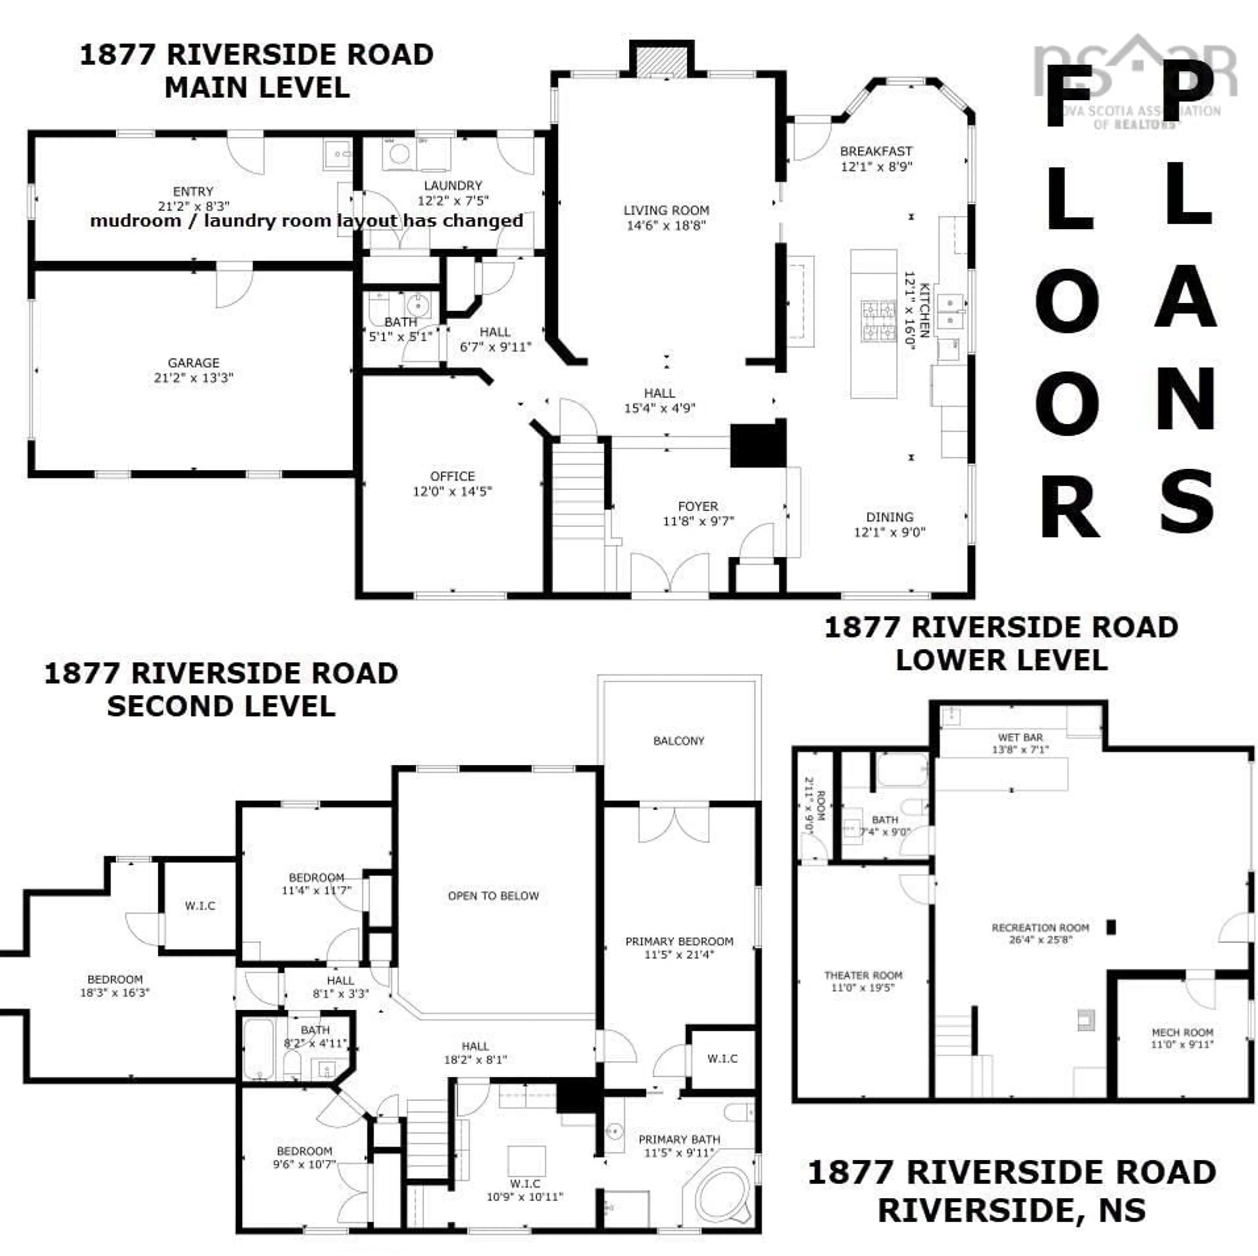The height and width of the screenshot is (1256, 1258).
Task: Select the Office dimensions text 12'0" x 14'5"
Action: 452,491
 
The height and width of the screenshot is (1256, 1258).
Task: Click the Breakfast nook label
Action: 876,151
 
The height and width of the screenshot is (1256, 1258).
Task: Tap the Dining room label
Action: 889,517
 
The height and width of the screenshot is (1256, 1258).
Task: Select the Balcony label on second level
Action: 678,741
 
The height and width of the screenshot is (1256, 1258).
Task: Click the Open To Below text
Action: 493,896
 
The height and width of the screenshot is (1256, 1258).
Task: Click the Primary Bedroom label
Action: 679,941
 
